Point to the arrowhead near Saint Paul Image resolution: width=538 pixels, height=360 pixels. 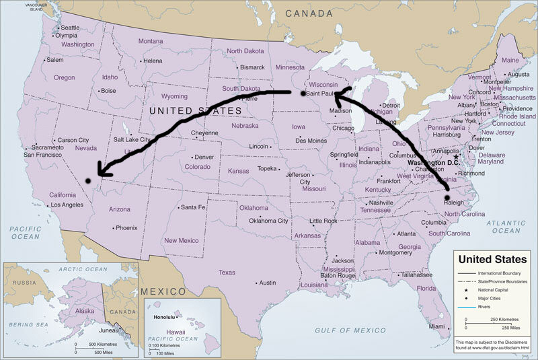[x=337, y=99]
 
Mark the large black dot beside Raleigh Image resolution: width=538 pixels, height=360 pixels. [x=447, y=196]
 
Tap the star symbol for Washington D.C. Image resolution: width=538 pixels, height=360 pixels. [x=455, y=157]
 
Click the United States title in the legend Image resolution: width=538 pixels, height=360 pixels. [x=492, y=259]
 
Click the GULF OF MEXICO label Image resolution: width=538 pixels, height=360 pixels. [x=350, y=330]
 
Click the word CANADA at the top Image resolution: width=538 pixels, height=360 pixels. [x=309, y=13]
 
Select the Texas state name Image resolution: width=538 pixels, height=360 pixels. [x=227, y=273]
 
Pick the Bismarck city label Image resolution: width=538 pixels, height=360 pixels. [x=253, y=67]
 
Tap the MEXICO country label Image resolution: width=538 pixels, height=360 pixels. [x=164, y=291]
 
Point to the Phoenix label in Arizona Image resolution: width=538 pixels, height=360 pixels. [x=126, y=227]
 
